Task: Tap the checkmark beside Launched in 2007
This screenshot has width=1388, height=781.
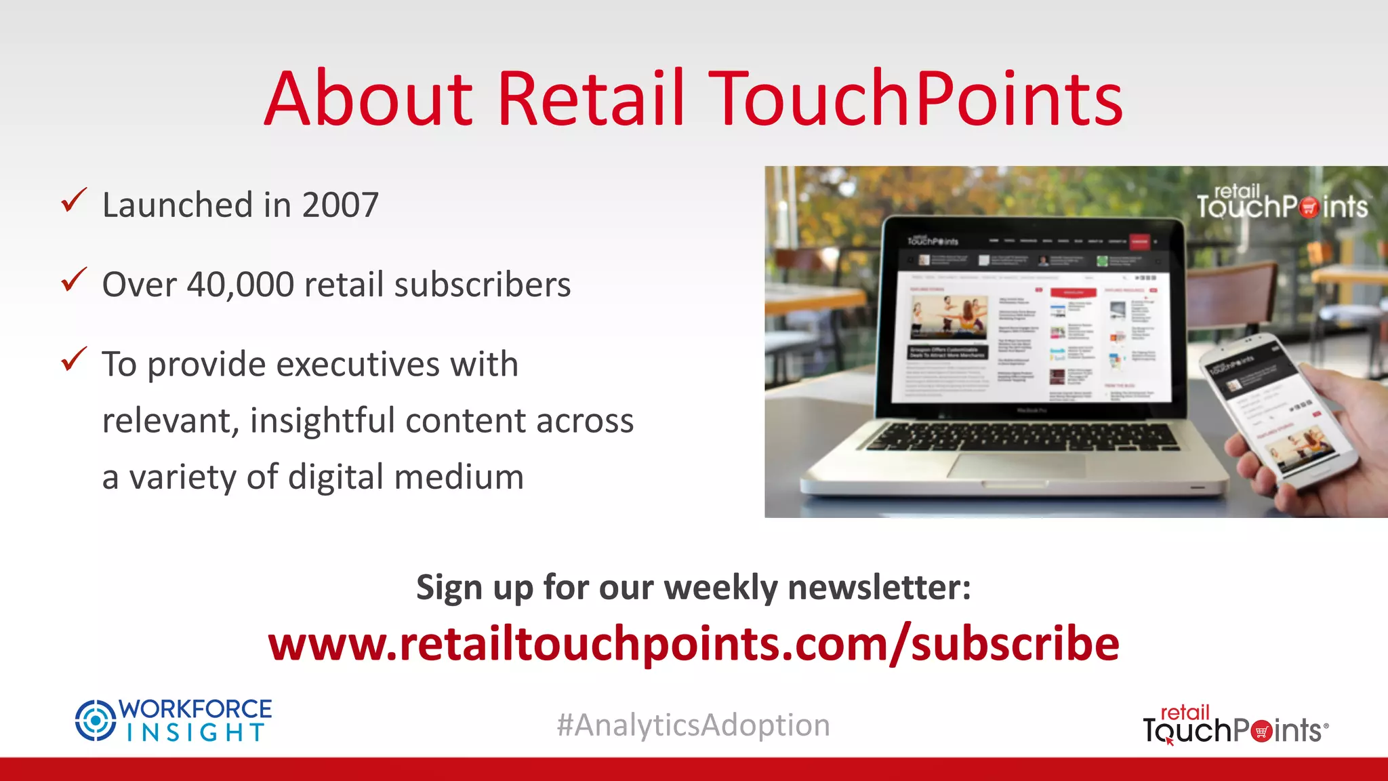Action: pos(74,201)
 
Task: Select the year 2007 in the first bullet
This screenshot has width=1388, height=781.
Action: pos(340,205)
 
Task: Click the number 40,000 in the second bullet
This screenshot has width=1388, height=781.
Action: pos(240,284)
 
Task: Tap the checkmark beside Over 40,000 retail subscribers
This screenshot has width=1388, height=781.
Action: pos(74,279)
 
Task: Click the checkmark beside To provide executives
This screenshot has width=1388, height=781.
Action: pos(74,359)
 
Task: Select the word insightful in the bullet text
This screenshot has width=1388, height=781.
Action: pos(322,421)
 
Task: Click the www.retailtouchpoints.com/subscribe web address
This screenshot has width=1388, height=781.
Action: pos(693,643)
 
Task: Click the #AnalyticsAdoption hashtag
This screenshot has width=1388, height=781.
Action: pos(693,725)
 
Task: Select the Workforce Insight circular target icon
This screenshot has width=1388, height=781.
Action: pos(95,720)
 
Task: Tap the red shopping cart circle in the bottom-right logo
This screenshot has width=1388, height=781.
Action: pos(1261,732)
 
